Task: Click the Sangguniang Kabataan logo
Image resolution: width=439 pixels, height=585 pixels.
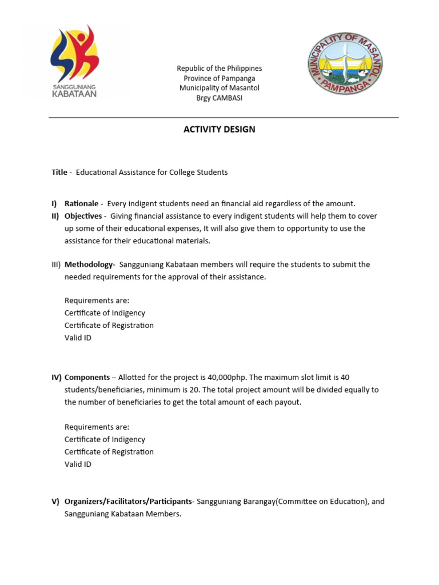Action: pyautogui.click(x=74, y=62)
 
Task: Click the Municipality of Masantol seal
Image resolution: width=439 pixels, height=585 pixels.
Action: pyautogui.click(x=345, y=63)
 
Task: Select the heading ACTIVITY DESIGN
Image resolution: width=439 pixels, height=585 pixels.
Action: pyautogui.click(x=219, y=129)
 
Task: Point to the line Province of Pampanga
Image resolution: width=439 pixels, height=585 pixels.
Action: pyautogui.click(x=219, y=78)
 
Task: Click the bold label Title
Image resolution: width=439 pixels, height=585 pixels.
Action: pyautogui.click(x=59, y=172)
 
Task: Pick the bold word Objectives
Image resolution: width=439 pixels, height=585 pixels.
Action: pyautogui.click(x=83, y=216)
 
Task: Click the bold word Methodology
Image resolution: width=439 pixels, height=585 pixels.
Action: pyautogui.click(x=89, y=265)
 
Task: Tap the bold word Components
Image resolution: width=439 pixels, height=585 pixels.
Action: pyautogui.click(x=87, y=378)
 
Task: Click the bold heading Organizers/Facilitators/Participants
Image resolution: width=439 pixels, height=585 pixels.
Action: pyautogui.click(x=129, y=502)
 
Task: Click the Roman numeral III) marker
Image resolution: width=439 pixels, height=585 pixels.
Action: pyautogui.click(x=56, y=265)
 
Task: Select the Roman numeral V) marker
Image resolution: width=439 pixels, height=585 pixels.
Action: pyautogui.click(x=55, y=502)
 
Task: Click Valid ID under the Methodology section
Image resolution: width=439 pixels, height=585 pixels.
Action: pyautogui.click(x=78, y=338)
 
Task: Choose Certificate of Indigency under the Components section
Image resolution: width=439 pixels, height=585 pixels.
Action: pyautogui.click(x=105, y=439)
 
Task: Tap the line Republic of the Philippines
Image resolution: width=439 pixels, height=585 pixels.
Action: pyautogui.click(x=219, y=69)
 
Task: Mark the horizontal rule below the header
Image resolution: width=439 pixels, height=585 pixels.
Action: pyautogui.click(x=224, y=118)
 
